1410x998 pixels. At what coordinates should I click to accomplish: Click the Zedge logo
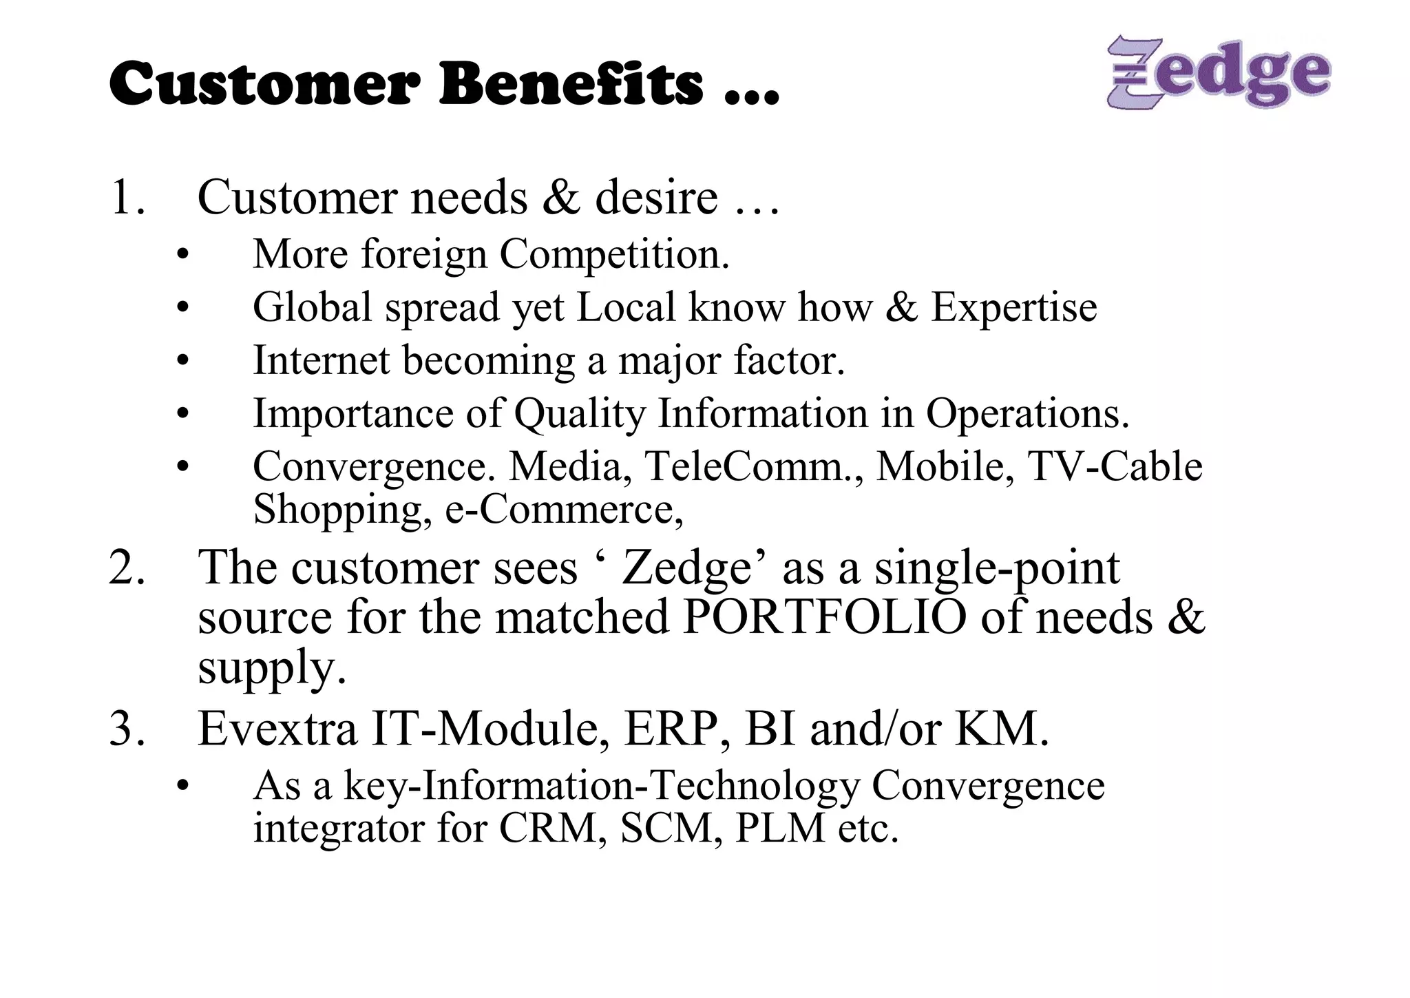click(1218, 72)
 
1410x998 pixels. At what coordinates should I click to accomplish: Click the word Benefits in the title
click(571, 84)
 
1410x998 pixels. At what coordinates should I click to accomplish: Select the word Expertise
click(1013, 307)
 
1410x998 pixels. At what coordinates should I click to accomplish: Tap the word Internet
click(321, 360)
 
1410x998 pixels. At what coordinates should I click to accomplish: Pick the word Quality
click(580, 414)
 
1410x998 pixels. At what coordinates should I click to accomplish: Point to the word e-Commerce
click(564, 510)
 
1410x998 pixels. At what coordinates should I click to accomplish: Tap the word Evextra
click(277, 729)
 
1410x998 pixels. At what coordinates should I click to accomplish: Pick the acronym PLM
click(779, 828)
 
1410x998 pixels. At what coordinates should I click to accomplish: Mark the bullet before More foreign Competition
click(182, 256)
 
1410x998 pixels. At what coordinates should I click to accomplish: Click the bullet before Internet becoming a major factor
click(182, 361)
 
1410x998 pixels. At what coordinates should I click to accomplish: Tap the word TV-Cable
click(1115, 466)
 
